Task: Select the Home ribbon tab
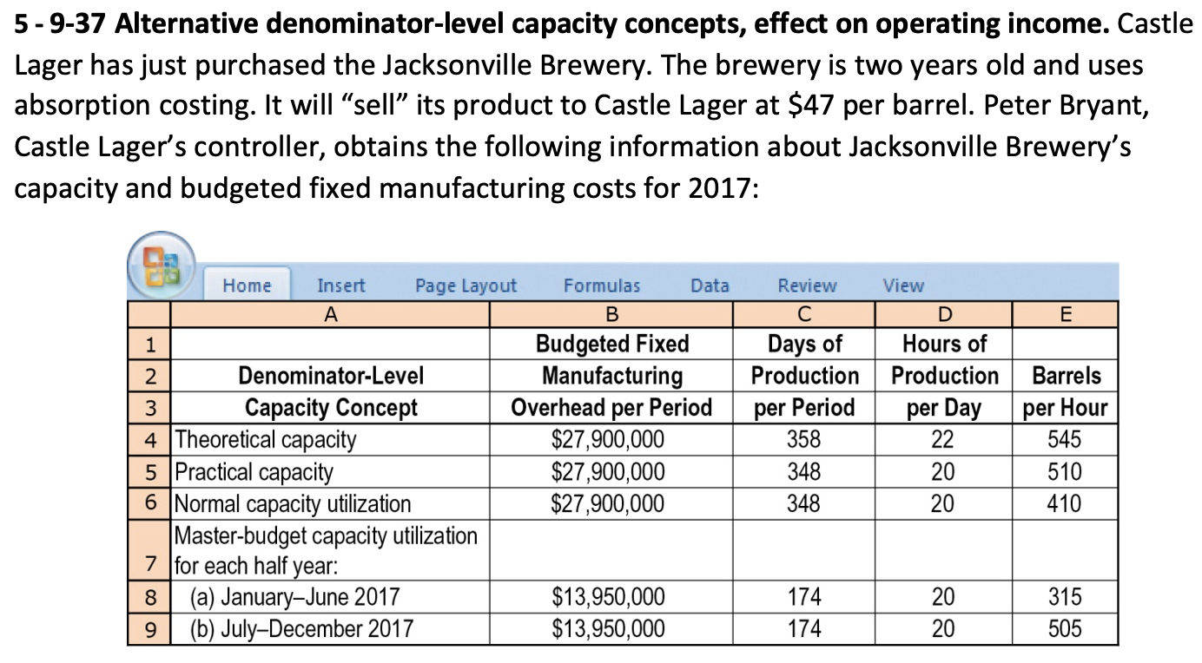pos(247,286)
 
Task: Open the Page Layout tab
pos(466,286)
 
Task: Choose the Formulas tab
pos(601,286)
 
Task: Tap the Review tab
pos(807,286)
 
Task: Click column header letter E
pos(1066,312)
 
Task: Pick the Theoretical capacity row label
pos(266,440)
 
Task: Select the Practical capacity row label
pos(254,472)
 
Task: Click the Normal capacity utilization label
pos(294,503)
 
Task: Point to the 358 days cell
pos(803,440)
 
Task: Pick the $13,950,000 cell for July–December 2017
pos(609,628)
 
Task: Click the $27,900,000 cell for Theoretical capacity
pos(609,440)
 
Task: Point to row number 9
pos(149,628)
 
